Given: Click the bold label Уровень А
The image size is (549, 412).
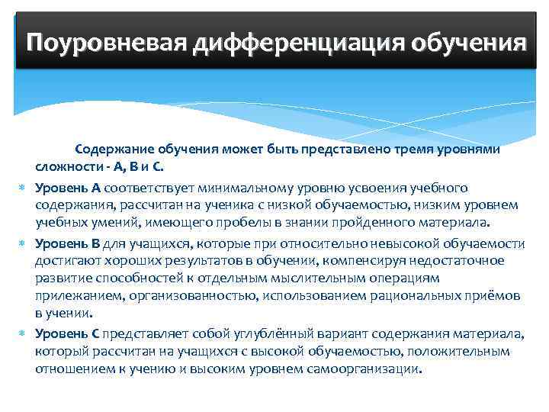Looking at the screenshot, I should [x=68, y=188].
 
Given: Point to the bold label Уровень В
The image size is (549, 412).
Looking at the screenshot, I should [x=68, y=243].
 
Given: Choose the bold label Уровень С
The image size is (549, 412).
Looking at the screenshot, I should [x=68, y=333].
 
